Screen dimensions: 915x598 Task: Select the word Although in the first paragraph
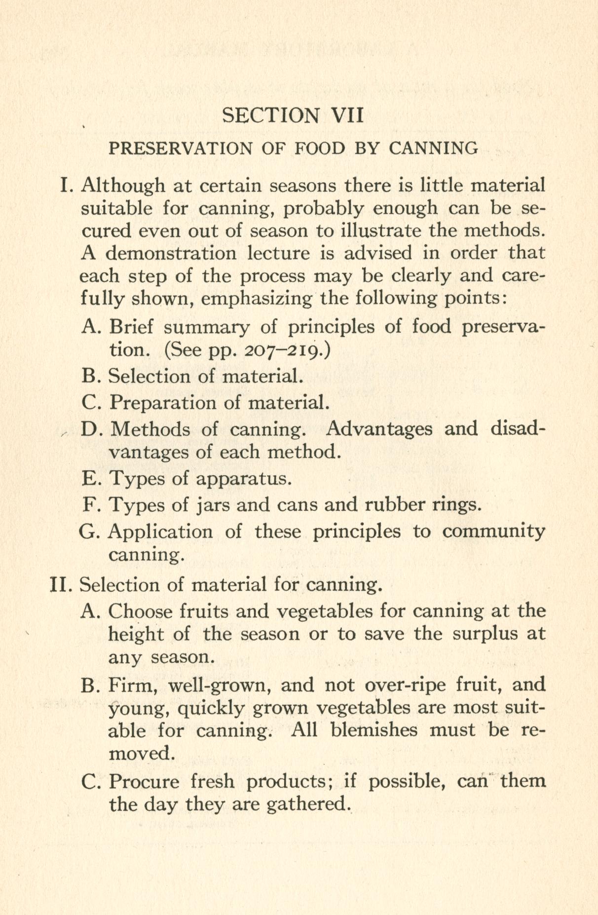coord(122,186)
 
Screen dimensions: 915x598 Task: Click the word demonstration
coord(171,253)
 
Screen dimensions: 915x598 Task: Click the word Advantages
coord(378,428)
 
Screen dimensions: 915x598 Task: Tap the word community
coord(493,532)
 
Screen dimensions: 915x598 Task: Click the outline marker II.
coord(61,585)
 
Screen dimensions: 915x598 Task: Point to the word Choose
coord(141,611)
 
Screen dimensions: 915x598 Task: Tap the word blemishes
coord(374,730)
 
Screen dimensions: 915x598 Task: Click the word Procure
coord(144,781)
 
